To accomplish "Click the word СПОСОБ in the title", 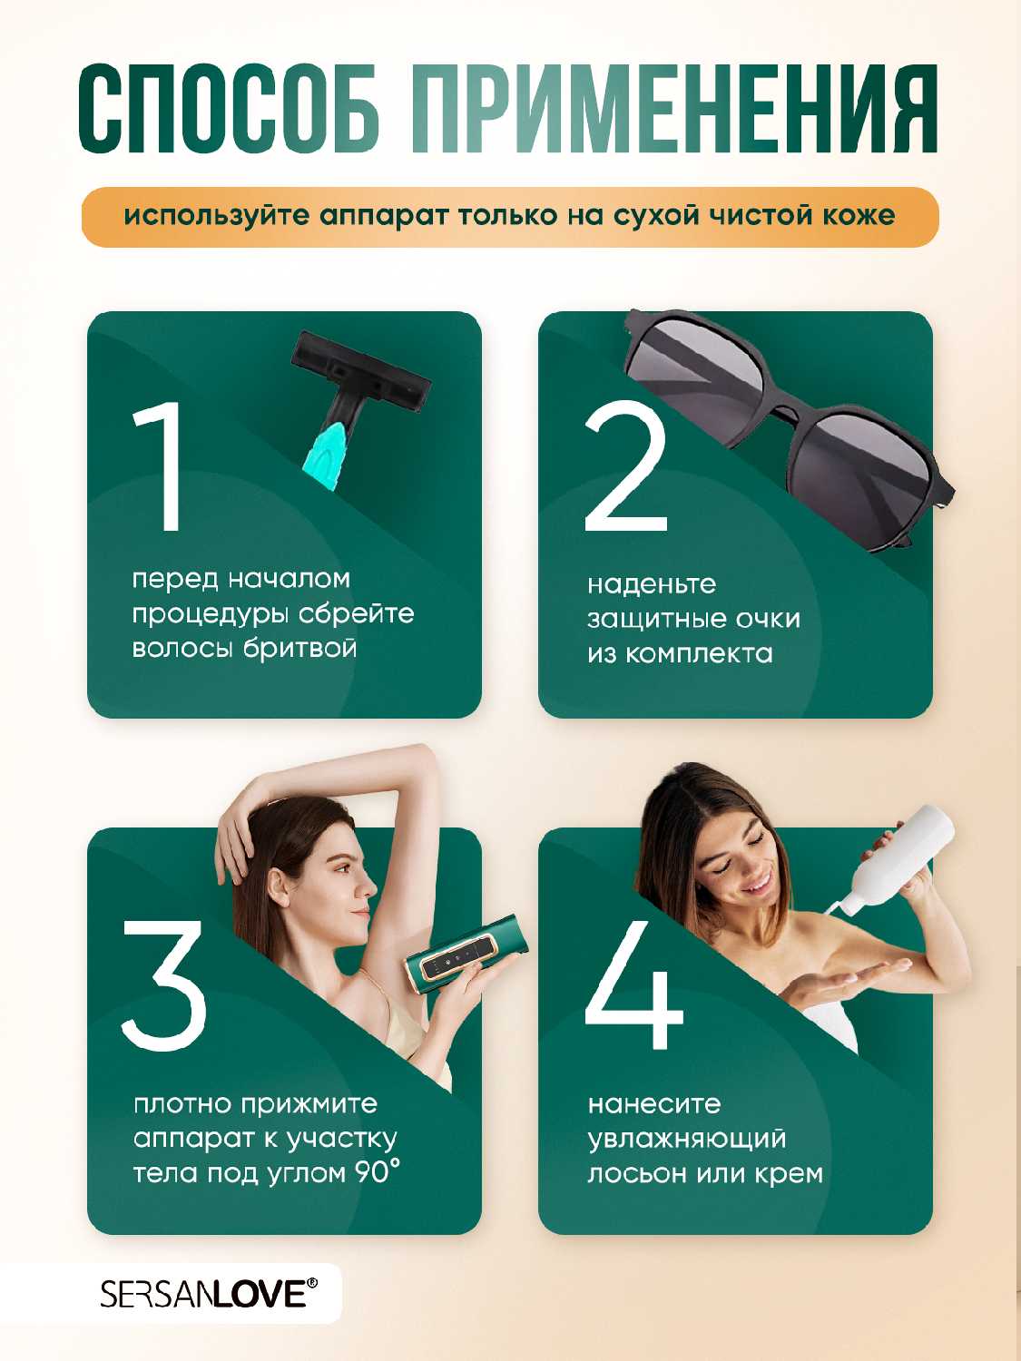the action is (230, 109).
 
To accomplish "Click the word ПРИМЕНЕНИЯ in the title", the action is (673, 109).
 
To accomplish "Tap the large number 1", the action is (160, 465).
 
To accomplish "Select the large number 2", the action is (625, 465).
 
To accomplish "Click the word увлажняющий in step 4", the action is (687, 1140).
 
